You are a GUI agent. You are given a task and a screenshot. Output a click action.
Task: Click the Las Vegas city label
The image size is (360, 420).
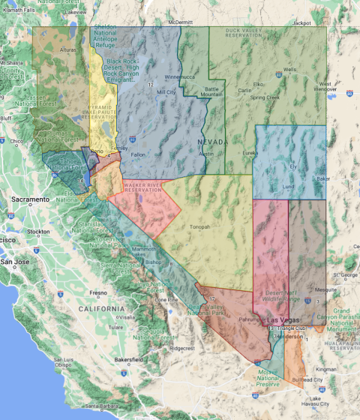point(280,320)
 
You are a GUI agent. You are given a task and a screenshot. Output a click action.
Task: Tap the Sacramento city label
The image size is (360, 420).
point(30,199)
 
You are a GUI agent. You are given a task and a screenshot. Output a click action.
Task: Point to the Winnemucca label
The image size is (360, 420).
point(179,77)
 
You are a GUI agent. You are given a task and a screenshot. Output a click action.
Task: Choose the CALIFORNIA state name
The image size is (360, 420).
point(105,308)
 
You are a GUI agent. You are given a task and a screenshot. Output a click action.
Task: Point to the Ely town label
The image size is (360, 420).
point(294,166)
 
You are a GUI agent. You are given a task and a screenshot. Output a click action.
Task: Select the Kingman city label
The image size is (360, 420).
point(326,370)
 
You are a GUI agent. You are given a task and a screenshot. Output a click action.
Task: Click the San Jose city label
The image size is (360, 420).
point(15,262)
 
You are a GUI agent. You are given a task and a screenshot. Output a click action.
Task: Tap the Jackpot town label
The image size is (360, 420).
point(303,23)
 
